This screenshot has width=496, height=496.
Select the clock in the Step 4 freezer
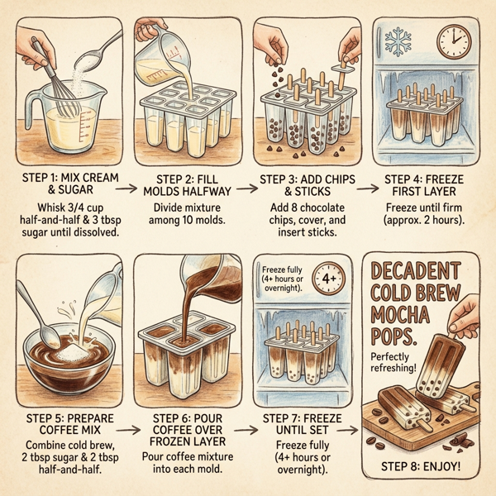pyautogui.click(x=451, y=39)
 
